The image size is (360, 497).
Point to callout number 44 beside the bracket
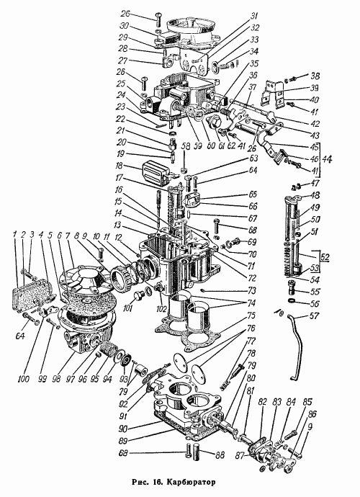pyautogui.click(x=328, y=159)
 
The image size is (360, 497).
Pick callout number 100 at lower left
pyautogui.click(x=24, y=378)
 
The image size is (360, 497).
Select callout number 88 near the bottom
pyautogui.click(x=220, y=455)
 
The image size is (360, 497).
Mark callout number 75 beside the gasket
pyautogui.click(x=251, y=316)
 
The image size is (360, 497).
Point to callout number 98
pyautogui.click(x=56, y=378)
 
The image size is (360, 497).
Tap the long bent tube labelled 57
pyautogui.click(x=295, y=346)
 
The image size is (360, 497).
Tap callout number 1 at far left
pyautogui.click(x=14, y=235)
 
